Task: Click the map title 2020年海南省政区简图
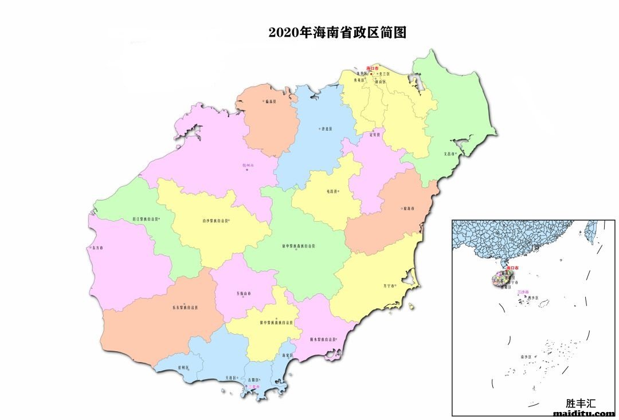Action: pyautogui.click(x=338, y=33)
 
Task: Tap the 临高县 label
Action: pyautogui.click(x=269, y=101)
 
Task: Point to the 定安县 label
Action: pyautogui.click(x=375, y=135)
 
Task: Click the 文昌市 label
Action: pyautogui.click(x=449, y=154)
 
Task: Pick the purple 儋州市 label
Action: pyautogui.click(x=248, y=165)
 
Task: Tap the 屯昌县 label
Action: pyautogui.click(x=332, y=191)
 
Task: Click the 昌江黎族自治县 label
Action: pyautogui.click(x=145, y=218)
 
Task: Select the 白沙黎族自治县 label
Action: pyautogui.click(x=215, y=220)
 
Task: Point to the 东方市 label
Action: pyautogui.click(x=96, y=248)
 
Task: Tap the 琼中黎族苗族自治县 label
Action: pyautogui.click(x=298, y=246)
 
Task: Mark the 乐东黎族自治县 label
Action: pyautogui.click(x=185, y=308)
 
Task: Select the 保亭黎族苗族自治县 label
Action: pyautogui.click(x=277, y=323)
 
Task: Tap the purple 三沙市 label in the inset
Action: pyautogui.click(x=523, y=292)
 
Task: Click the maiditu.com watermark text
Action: pyautogui.click(x=584, y=413)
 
